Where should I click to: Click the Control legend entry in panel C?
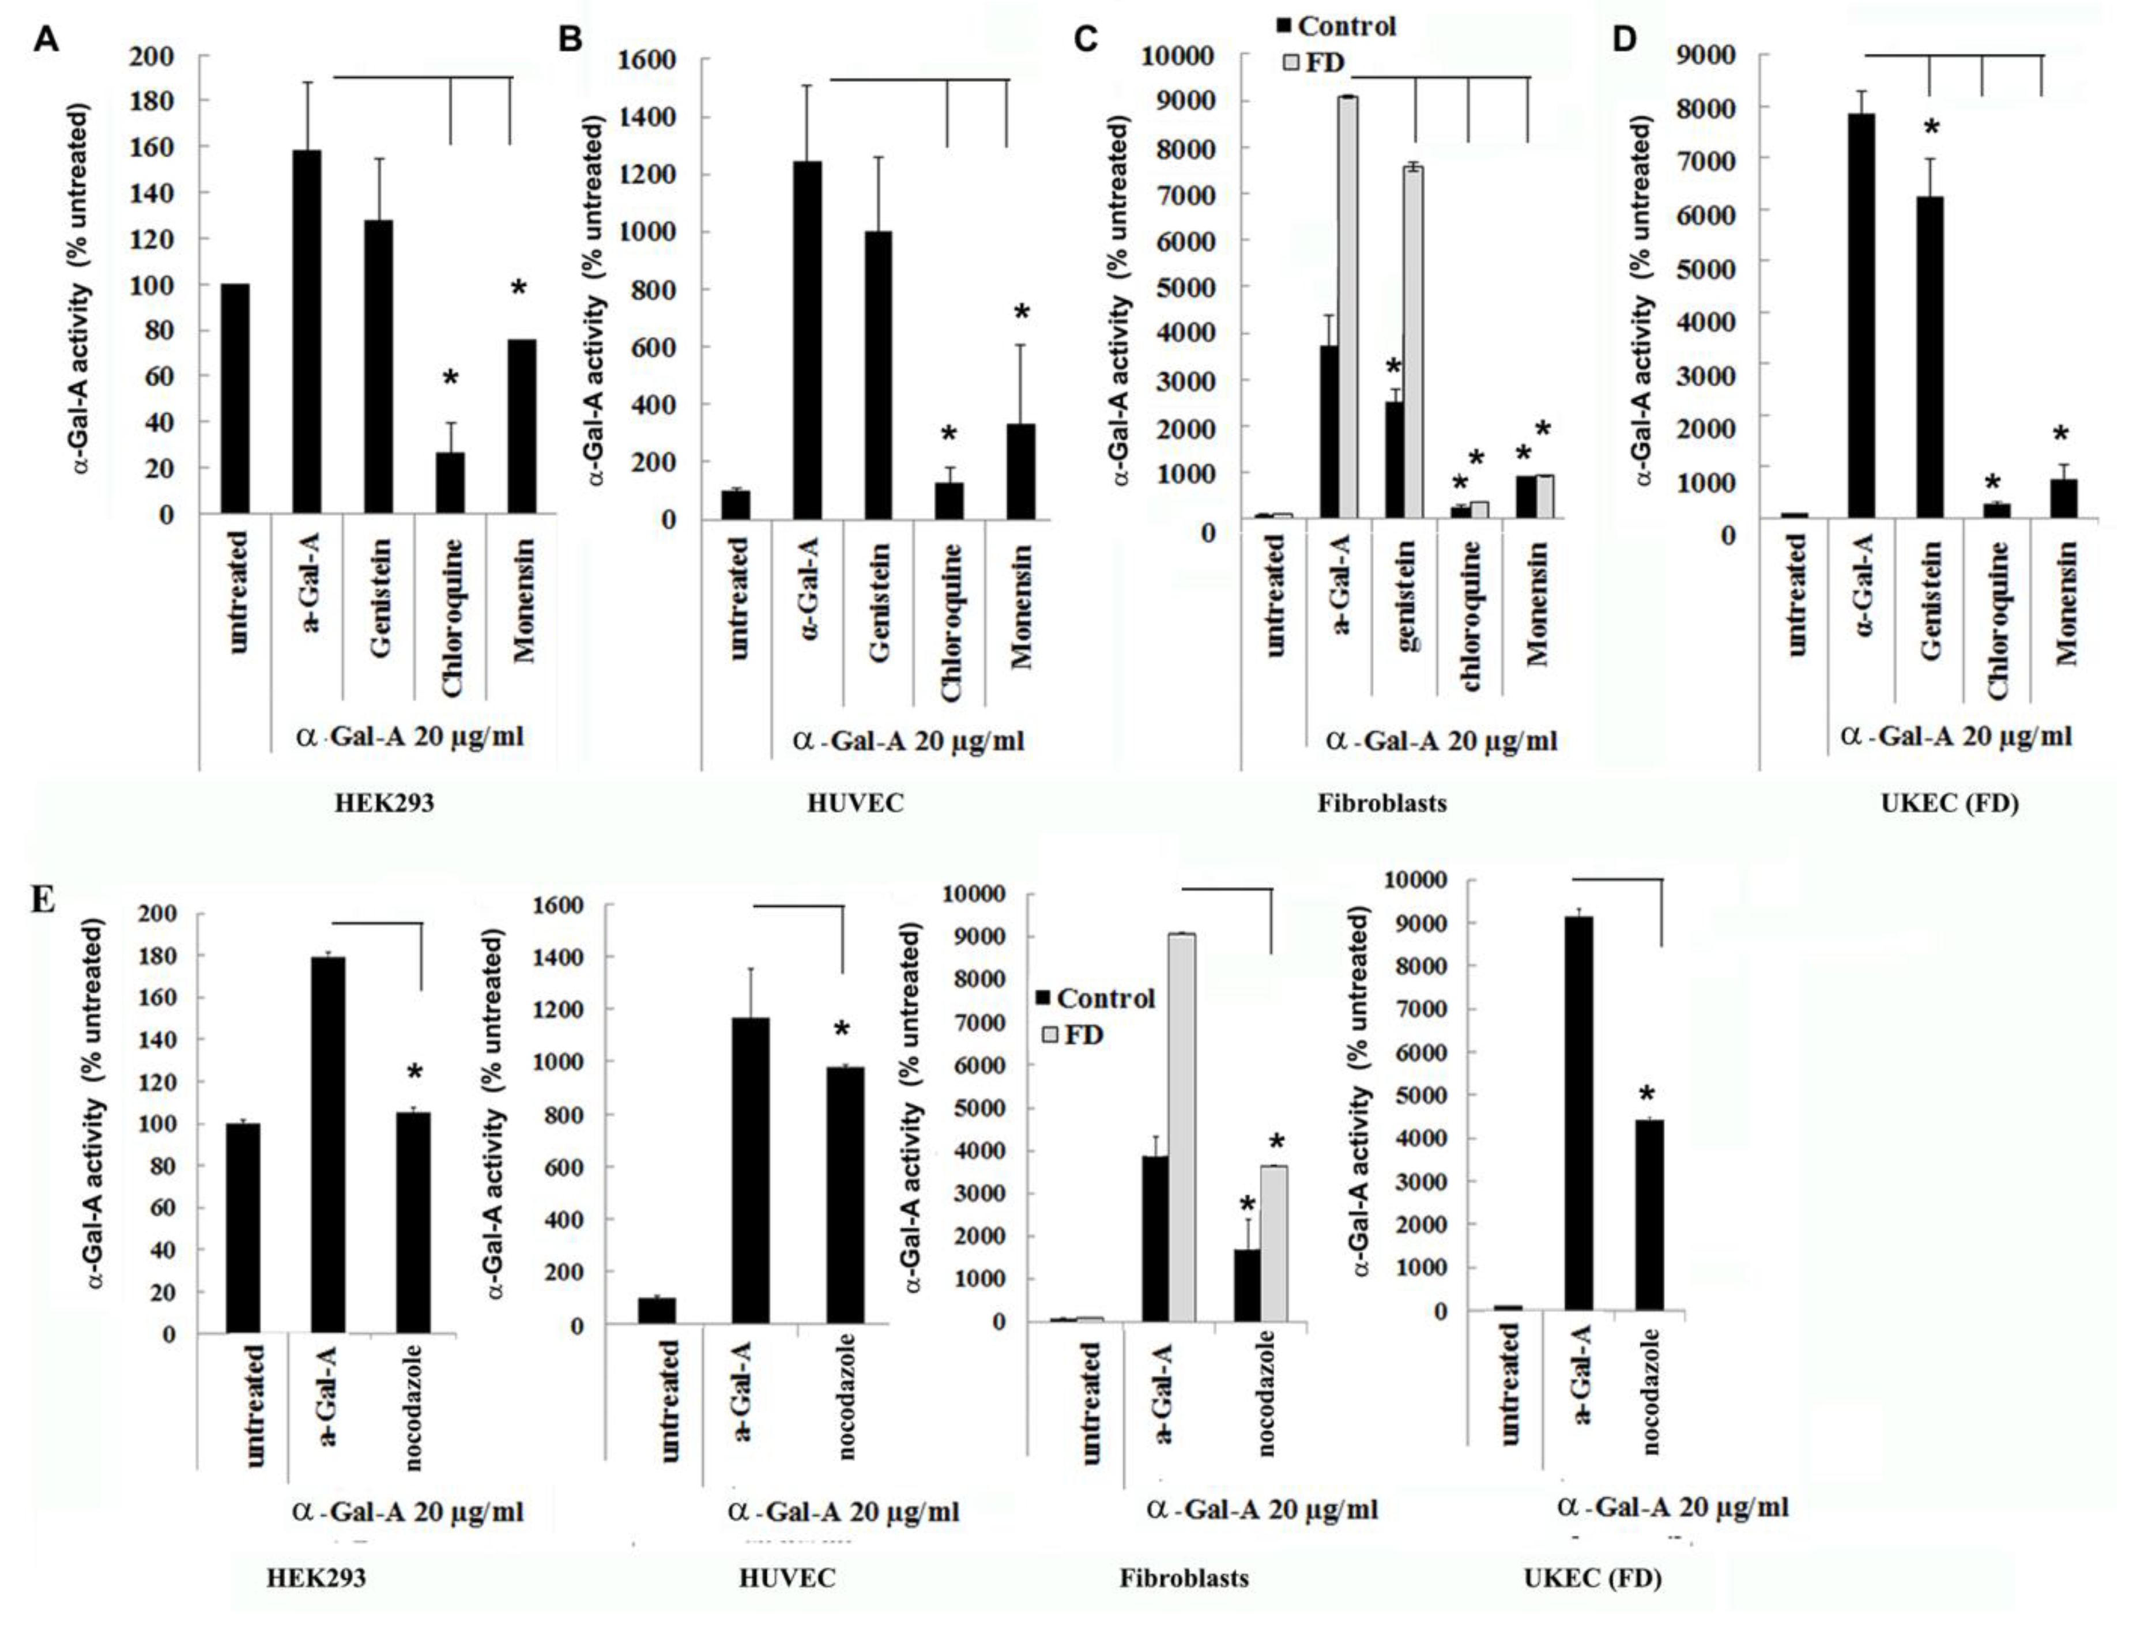(x=1336, y=26)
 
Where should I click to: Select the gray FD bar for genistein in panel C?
(x=1413, y=342)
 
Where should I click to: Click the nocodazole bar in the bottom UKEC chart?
(x=1649, y=1215)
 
